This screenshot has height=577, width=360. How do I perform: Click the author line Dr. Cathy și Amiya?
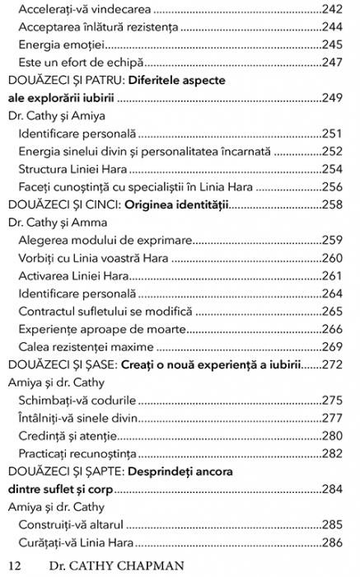49,115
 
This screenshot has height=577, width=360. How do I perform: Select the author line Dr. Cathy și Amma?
50,223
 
